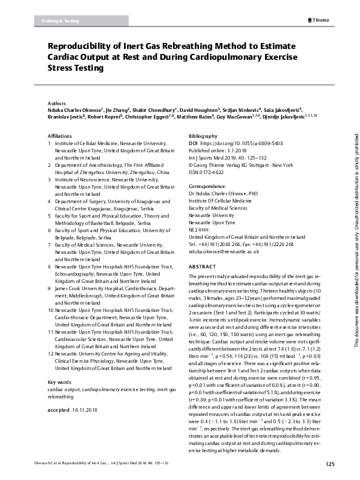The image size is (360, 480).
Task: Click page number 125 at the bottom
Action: click(330, 464)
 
